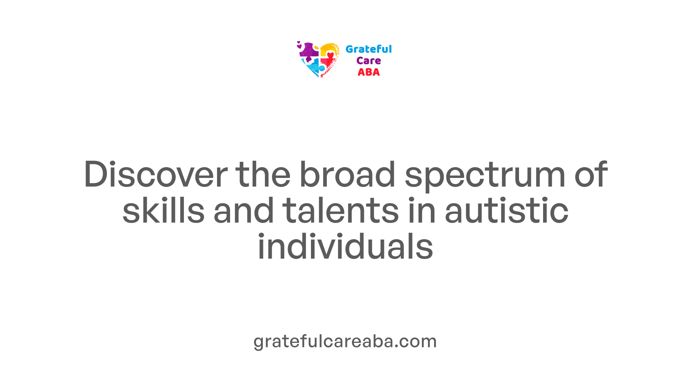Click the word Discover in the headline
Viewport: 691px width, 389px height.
coord(155,174)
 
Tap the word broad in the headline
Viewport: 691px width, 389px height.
coord(347,174)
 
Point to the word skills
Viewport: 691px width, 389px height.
coord(163,210)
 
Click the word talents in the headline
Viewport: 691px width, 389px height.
coord(340,210)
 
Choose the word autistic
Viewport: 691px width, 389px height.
coord(506,210)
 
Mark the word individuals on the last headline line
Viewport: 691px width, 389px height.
coord(345,246)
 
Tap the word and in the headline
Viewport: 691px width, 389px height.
coord(243,210)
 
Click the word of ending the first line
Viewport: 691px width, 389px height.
coord(591,174)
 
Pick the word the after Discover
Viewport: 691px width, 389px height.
coord(263,174)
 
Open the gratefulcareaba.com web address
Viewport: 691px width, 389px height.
coord(345,341)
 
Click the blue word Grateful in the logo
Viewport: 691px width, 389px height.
coord(369,49)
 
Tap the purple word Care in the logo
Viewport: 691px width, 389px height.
coord(369,61)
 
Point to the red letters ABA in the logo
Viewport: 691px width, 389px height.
coord(369,72)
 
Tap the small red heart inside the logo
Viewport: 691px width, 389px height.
coord(330,55)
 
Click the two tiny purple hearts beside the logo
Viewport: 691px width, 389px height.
coord(299,45)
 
